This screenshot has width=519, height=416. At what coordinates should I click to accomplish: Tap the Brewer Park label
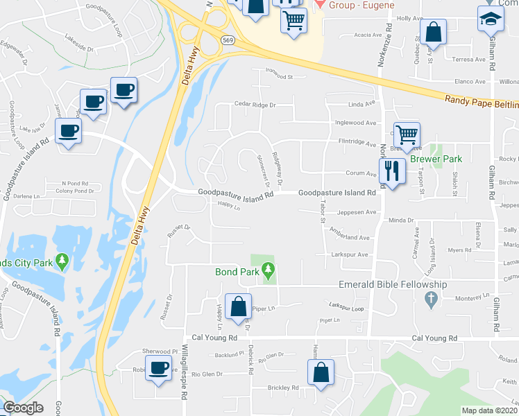(x=435, y=159)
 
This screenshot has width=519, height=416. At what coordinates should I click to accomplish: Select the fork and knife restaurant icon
(x=392, y=171)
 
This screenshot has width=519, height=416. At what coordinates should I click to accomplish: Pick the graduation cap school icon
(x=491, y=19)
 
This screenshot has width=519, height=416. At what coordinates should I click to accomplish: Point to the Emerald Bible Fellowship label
(x=392, y=284)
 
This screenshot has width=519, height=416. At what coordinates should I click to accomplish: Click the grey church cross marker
(x=430, y=300)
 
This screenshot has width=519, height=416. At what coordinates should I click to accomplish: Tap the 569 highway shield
(x=227, y=41)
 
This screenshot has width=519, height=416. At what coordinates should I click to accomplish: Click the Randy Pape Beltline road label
(x=480, y=101)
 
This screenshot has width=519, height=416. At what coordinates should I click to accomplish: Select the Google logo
(x=23, y=408)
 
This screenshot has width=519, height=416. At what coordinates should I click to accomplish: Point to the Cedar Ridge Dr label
(x=255, y=105)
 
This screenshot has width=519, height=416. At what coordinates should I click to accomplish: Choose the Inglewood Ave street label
(x=355, y=123)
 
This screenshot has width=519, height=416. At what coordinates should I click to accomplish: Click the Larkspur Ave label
(x=349, y=254)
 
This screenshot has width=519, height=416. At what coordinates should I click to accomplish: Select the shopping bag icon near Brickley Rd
(x=322, y=372)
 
